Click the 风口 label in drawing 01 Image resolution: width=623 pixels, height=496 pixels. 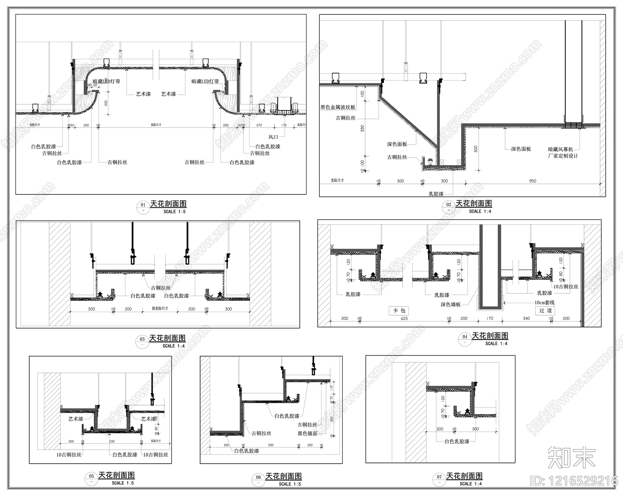[x=273, y=137]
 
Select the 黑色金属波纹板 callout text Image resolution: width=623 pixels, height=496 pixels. [x=338, y=107]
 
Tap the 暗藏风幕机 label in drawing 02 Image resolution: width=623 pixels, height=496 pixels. [x=561, y=149]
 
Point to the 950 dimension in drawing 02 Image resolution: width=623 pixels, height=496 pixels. [x=533, y=181]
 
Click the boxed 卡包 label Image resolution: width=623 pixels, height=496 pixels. [x=399, y=311]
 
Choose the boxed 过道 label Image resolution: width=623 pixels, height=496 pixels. [x=546, y=311]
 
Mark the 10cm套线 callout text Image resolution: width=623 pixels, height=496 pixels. [x=544, y=302]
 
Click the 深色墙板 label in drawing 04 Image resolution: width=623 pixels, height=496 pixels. [x=451, y=304]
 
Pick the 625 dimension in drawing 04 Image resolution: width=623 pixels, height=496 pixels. [x=404, y=318]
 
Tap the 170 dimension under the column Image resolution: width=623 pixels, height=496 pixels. [x=490, y=318]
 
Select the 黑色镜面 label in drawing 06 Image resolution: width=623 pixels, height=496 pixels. [x=308, y=433]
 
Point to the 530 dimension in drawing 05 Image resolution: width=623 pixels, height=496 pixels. [x=112, y=441]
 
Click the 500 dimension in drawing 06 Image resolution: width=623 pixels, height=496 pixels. [x=271, y=445]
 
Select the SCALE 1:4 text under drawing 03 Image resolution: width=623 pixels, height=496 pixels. [x=174, y=346]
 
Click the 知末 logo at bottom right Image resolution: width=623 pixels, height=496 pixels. [x=572, y=457]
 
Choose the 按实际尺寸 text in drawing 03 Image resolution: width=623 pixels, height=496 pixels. [x=160, y=309]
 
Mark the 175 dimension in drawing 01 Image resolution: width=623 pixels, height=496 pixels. [x=284, y=125]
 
